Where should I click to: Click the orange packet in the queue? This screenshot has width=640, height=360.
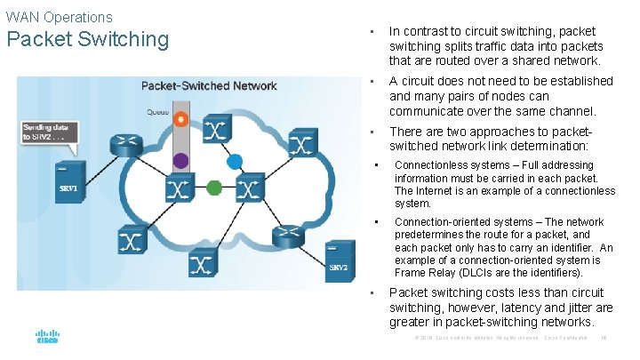(x=181, y=119)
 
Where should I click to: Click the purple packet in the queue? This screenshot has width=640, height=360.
(x=180, y=160)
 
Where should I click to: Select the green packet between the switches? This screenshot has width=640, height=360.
(x=213, y=188)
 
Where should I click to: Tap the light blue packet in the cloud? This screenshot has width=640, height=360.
(x=235, y=163)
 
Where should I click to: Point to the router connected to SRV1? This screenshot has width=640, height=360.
(x=122, y=145)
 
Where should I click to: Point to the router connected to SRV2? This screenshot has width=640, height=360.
(x=287, y=236)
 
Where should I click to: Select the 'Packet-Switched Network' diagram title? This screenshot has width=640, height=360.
(x=209, y=86)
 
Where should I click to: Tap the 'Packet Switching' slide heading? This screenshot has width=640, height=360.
(x=87, y=39)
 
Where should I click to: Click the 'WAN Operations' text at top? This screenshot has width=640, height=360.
(x=59, y=17)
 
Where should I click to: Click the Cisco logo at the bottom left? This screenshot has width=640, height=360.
(x=46, y=339)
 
